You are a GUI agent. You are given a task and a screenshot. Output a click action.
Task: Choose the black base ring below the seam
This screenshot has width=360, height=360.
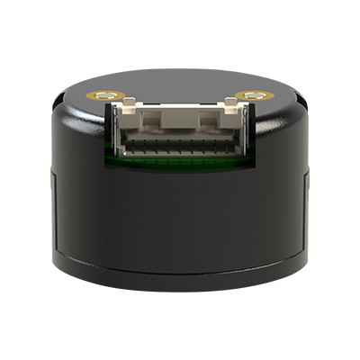pyautogui.click(x=180, y=281)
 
